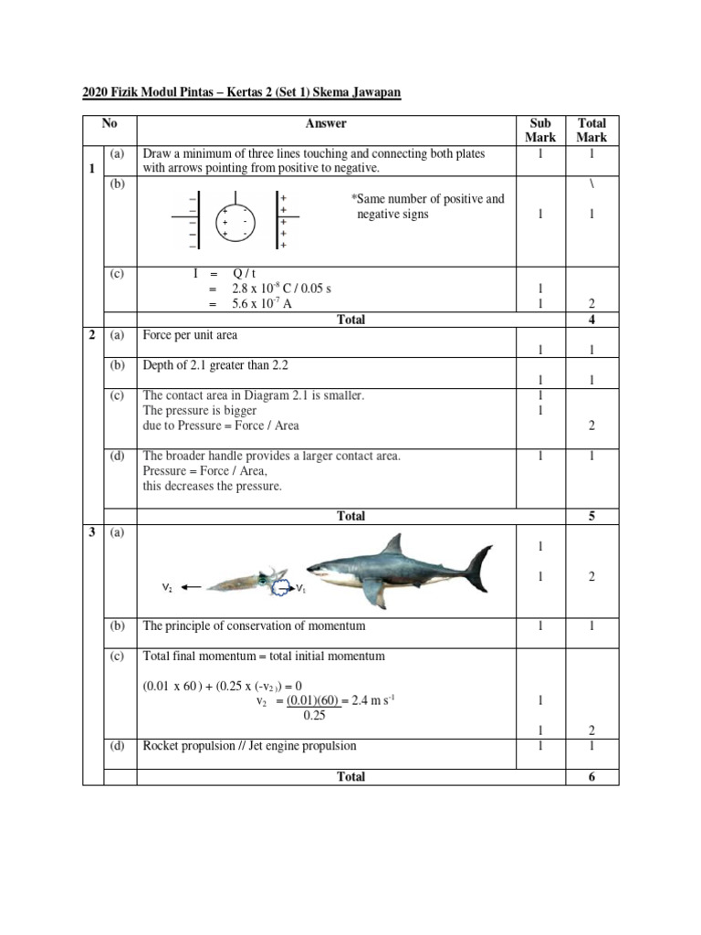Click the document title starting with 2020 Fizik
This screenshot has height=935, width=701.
241,93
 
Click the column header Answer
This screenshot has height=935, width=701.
326,123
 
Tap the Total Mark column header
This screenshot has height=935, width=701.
591,131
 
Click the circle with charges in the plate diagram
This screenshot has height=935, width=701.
235,222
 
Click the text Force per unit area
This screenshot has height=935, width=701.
190,335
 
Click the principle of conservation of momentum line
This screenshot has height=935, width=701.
254,625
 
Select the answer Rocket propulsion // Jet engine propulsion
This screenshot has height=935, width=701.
249,746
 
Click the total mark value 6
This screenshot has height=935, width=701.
591,776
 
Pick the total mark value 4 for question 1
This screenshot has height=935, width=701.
591,320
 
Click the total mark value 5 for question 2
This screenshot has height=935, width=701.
591,516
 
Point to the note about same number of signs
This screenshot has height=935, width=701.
427,206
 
